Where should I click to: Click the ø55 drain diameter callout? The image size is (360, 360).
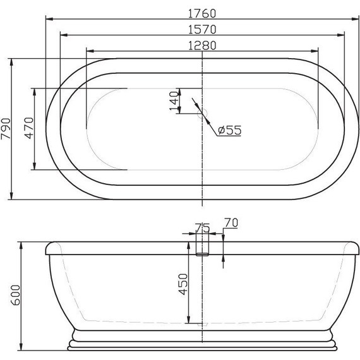click(x=229, y=130)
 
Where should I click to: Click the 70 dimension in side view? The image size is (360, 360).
click(x=231, y=222)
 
